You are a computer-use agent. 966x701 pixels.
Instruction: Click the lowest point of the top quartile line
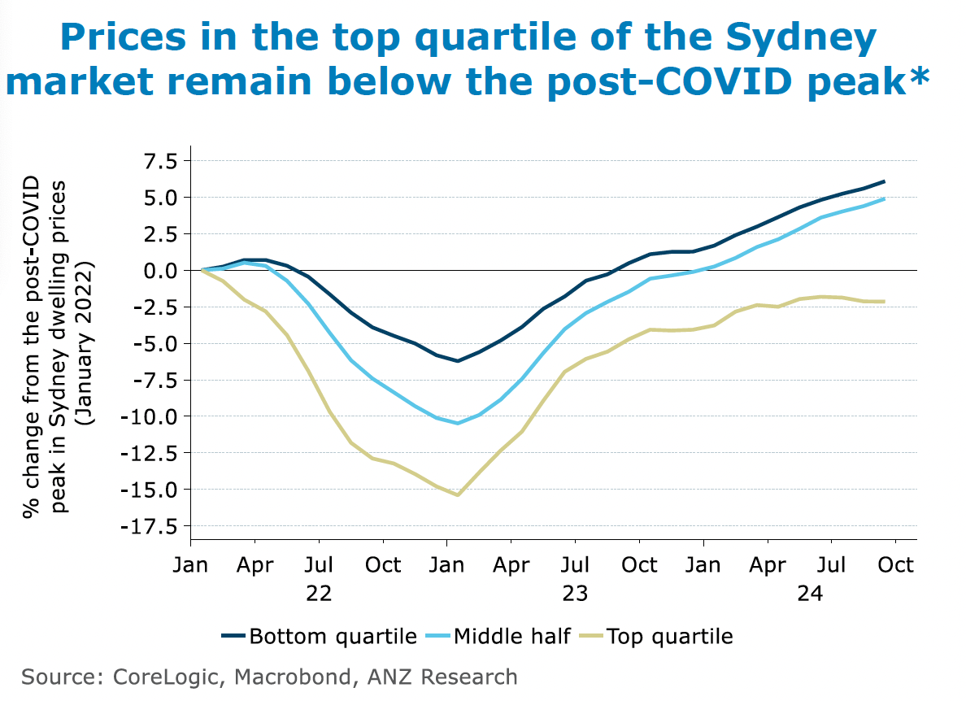[458, 495]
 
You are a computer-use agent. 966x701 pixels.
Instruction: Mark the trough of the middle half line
[458, 423]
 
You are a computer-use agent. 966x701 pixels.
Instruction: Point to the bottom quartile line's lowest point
[458, 360]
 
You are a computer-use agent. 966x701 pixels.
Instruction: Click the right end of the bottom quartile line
[885, 181]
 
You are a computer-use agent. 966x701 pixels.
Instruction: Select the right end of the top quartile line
[885, 302]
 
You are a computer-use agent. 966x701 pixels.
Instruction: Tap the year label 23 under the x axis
[574, 594]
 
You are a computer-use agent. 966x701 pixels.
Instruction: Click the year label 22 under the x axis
[318, 594]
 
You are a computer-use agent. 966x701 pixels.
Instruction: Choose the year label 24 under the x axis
[809, 594]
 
